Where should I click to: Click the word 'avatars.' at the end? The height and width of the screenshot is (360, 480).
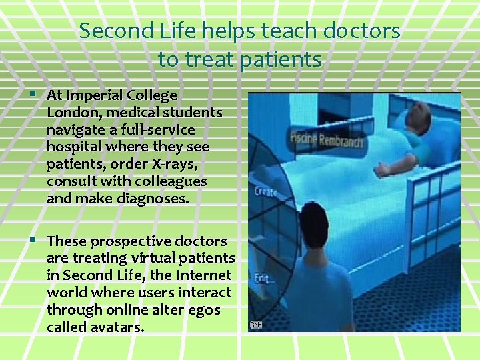point(120,327)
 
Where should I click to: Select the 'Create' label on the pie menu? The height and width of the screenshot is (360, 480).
point(266,191)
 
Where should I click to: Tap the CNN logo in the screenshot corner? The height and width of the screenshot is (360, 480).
point(257,325)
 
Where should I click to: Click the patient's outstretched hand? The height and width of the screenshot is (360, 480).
point(381,170)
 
